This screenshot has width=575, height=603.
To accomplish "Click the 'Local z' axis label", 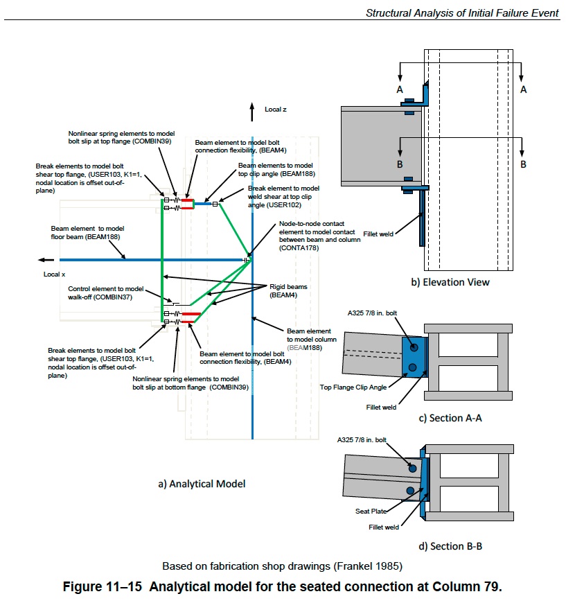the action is point(275,110).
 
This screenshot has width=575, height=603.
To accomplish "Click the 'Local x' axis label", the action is point(54,274).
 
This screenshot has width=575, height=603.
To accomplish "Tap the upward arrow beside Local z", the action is point(251,112).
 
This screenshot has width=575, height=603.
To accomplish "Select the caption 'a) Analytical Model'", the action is point(202,484).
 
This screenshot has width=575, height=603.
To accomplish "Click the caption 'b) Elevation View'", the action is point(450,282).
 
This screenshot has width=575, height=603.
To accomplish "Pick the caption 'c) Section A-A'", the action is point(450,418).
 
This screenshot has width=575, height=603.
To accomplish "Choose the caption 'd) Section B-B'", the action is point(450,546).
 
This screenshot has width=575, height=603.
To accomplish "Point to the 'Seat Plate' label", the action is point(371,511).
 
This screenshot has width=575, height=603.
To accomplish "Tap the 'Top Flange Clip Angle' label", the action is point(353,387).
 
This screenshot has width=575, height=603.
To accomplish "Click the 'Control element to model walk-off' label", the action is point(106,292).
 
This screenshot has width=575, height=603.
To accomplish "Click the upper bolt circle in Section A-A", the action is point(414,347).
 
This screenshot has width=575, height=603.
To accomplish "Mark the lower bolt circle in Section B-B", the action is point(410,491).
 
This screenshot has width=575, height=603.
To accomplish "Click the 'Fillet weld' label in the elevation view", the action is point(378,234).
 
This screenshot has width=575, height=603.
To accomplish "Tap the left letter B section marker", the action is point(400,164).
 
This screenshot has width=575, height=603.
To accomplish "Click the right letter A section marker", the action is point(523,89).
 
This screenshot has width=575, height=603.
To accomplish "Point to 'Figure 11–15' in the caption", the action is point(103,586).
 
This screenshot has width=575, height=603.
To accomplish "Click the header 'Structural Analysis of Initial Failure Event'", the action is point(462,13).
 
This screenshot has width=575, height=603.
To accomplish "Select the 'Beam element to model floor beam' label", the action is point(87,233).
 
